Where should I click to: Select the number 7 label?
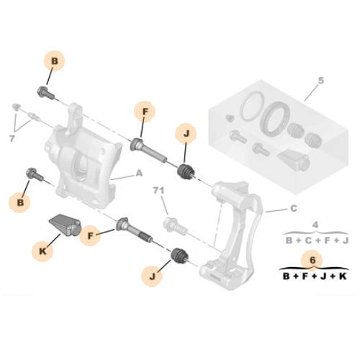pos(11,138)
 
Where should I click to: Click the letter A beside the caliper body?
pos(139,174)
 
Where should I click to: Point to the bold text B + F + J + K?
pos(313,276)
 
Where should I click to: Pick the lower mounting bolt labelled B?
pos(33,174)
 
